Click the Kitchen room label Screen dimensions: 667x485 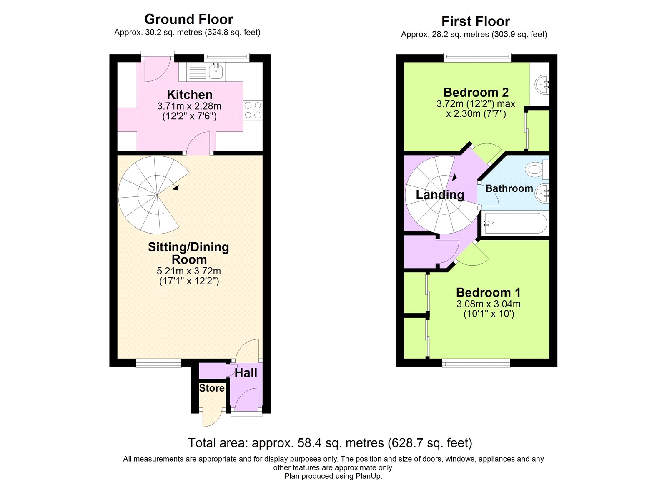(190, 95)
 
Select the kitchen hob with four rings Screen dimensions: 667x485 (253, 110)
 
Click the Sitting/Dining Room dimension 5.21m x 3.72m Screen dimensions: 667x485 (189, 271)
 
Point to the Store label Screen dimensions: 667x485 (212, 388)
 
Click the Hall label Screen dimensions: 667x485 (246, 373)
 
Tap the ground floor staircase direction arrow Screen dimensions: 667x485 (176, 187)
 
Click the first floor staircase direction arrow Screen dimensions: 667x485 (454, 177)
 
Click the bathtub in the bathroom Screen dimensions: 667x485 (515, 223)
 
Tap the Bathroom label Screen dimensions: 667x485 (509, 188)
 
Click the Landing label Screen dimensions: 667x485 (440, 195)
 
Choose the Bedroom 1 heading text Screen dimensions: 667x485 (488, 293)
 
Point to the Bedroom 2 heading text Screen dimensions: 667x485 (476, 92)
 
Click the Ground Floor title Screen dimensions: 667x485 (189, 19)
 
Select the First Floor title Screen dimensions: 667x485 (476, 21)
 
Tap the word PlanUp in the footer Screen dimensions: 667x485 (368, 476)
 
